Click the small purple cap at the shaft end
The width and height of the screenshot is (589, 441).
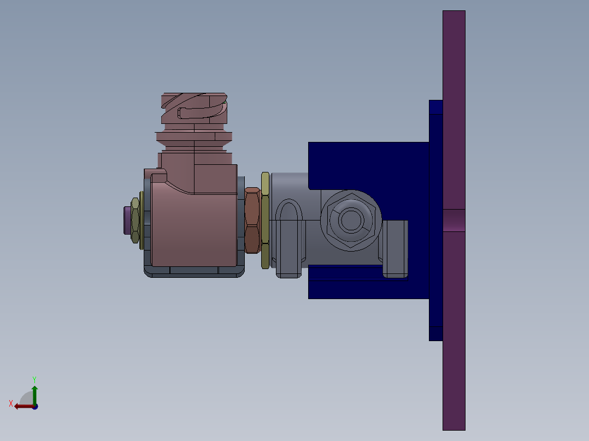(128, 219)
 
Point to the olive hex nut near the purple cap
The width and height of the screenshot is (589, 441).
(135, 219)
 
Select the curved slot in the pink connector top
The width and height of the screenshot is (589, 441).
(202, 112)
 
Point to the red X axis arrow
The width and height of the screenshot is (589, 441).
(23, 406)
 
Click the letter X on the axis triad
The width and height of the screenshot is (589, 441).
(11, 403)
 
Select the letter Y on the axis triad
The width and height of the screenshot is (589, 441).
(34, 379)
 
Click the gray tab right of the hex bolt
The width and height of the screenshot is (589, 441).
(394, 248)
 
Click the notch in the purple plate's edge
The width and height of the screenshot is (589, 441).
(453, 220)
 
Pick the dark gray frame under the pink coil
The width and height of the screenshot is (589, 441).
(194, 271)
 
